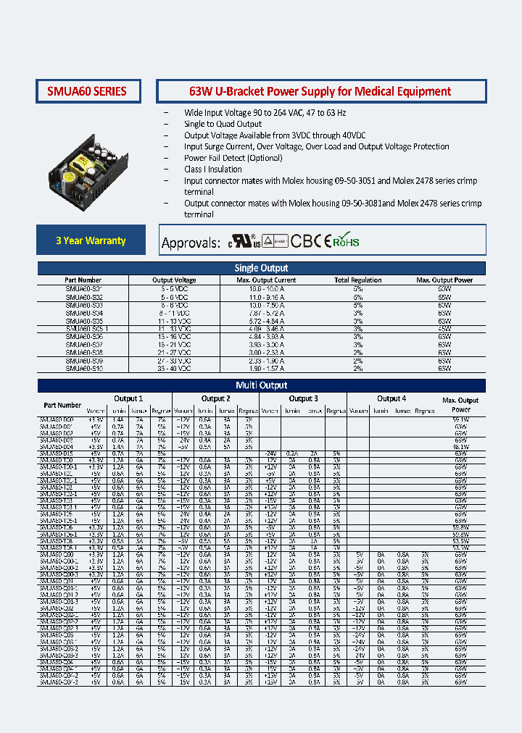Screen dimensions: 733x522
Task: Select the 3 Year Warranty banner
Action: [91, 240]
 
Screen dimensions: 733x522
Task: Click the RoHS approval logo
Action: [347, 241]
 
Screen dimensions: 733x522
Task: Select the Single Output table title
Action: [261, 268]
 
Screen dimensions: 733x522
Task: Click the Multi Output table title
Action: [261, 385]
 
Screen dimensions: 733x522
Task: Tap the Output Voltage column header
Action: [173, 280]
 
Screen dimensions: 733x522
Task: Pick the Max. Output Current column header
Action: [266, 280]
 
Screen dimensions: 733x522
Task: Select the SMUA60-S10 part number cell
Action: [83, 368]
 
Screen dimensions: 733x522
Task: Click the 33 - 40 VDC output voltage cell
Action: [173, 368]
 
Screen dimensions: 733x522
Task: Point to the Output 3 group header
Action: [303, 398]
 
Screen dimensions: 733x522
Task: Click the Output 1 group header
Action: [128, 398]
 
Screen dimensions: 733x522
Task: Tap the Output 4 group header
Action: [391, 398]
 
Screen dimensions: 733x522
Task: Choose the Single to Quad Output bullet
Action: [223, 125]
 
